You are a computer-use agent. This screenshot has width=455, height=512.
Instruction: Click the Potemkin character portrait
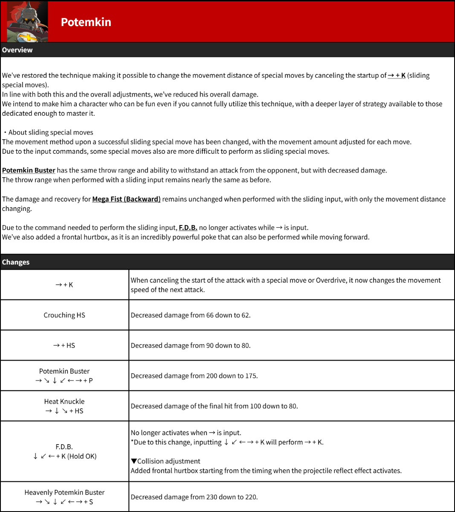[x=27, y=22]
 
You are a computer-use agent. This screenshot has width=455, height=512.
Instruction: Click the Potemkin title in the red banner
[x=86, y=22]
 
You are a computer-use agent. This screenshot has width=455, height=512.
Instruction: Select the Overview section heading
[x=17, y=50]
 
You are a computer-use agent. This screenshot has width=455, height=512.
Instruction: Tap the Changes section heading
[x=15, y=262]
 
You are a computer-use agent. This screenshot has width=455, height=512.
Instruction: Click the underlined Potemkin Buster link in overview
[x=29, y=170]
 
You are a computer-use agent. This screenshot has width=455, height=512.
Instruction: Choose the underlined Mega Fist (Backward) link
[x=126, y=199]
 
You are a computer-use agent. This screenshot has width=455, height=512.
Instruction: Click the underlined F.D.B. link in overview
[x=188, y=228]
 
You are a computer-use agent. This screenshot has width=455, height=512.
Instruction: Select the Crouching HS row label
[x=64, y=315]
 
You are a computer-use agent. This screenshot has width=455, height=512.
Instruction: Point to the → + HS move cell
[x=64, y=345]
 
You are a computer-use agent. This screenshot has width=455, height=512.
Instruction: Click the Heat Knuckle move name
[x=64, y=401]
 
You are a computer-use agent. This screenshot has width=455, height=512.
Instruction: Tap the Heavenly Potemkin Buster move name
[x=64, y=492]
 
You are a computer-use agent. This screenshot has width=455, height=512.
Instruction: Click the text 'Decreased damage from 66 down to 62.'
[x=191, y=315]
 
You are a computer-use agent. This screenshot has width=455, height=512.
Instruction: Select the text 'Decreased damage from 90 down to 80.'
[x=191, y=345]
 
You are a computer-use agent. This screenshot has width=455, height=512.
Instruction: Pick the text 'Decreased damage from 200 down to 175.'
[x=194, y=376]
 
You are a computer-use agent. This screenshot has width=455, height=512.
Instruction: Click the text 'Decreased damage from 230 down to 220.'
[x=194, y=497]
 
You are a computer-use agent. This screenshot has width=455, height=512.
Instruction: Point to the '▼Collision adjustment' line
[x=165, y=461]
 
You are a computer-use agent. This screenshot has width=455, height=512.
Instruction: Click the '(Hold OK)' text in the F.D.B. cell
[x=82, y=456]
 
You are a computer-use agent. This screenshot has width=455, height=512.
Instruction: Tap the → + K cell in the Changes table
[x=64, y=285]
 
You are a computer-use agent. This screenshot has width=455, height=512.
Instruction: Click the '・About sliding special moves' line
[x=48, y=132]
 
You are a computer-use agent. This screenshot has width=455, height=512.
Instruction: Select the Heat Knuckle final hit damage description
[x=214, y=406]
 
